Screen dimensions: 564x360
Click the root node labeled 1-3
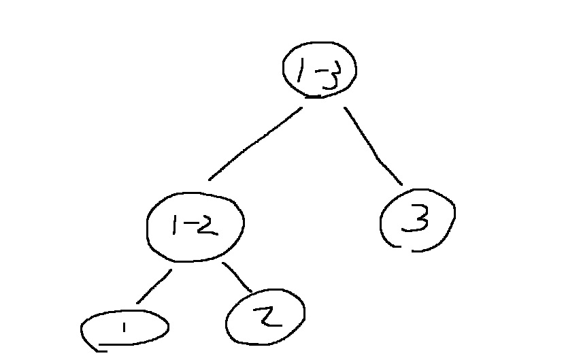[320, 69]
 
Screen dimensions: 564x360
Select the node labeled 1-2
[195, 227]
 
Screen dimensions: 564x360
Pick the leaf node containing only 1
[125, 329]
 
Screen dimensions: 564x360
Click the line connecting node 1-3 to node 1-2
[255, 144]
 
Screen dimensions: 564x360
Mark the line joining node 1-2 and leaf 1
[154, 287]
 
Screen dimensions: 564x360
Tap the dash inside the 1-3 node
[312, 69]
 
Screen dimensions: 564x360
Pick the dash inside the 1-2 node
[185, 227]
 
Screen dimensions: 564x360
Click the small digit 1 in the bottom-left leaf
[125, 328]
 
